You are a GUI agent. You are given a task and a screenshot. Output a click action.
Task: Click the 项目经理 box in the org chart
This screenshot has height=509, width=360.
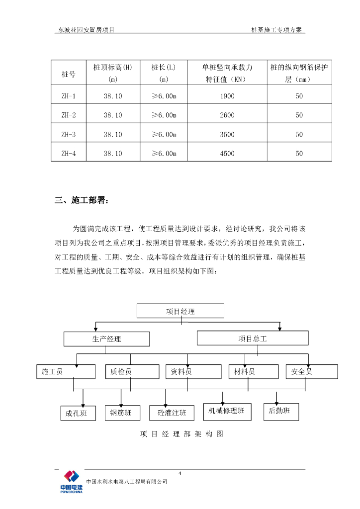click(180, 311)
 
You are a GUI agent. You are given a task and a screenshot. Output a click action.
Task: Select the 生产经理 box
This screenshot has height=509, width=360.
click(106, 339)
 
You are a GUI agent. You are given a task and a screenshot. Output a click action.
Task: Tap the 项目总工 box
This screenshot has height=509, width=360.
click(253, 339)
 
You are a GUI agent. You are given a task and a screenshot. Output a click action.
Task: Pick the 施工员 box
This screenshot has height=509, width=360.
click(66, 371)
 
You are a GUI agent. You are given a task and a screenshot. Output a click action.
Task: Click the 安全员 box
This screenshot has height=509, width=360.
click(312, 371)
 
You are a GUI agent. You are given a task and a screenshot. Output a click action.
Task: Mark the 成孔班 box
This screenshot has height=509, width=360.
click(77, 413)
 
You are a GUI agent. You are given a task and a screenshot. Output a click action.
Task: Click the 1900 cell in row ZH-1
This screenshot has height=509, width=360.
click(227, 96)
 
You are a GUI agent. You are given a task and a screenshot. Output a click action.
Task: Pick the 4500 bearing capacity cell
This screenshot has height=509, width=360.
click(227, 154)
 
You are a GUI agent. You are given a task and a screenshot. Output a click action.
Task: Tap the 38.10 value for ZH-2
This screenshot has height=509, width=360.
click(113, 115)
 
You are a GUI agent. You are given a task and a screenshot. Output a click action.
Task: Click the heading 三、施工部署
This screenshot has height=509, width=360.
click(80, 201)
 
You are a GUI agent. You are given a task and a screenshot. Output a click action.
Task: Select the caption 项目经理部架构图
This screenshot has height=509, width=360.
click(181, 434)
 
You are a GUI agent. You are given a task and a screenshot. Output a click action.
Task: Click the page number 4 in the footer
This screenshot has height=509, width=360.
click(180, 473)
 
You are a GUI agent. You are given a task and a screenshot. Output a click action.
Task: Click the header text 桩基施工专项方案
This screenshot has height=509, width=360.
click(277, 30)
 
